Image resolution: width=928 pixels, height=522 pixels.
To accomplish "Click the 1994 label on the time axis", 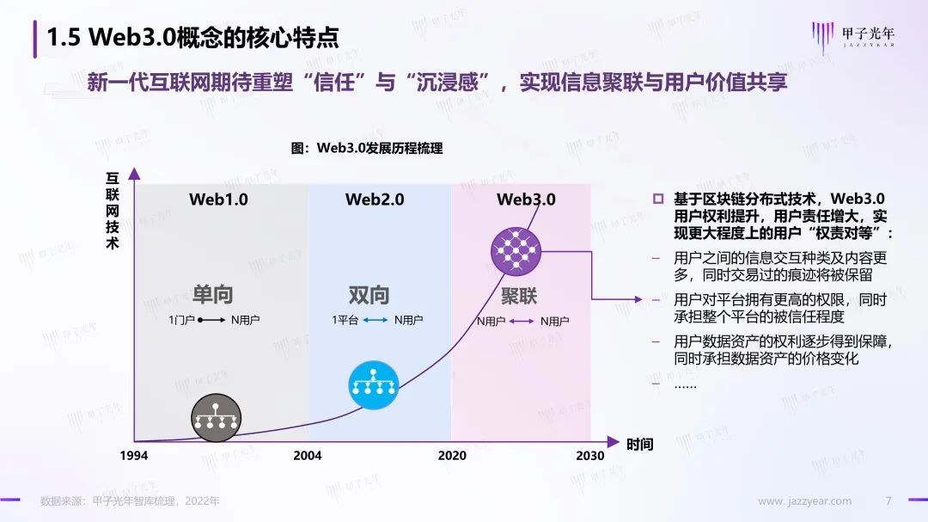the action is point(134,456).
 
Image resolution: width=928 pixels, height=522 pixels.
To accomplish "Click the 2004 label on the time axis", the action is point(307,456).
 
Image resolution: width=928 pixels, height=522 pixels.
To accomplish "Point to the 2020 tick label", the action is point(452,456).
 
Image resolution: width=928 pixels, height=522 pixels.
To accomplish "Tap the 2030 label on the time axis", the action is point(590,456).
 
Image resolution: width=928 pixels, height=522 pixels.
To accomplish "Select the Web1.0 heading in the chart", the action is point(218,200).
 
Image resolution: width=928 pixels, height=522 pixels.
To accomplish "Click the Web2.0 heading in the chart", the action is point(375,200).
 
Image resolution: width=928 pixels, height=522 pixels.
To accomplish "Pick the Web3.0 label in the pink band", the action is point(526,200).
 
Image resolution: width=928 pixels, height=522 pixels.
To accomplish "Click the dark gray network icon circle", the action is point(216,418).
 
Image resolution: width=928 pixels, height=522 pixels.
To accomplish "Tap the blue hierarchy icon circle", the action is point(374,385).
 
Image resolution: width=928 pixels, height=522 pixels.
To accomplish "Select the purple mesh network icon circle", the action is point(516,251).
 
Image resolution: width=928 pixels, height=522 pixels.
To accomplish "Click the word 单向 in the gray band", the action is point(213,294).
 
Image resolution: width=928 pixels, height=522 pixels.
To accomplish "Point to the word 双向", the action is point(369,295).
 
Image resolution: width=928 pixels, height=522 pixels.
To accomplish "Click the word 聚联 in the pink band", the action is point(519,296).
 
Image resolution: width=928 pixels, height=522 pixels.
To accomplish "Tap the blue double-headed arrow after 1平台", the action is point(375,320).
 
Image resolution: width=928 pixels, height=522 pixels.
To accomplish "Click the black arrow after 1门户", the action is point(211,320).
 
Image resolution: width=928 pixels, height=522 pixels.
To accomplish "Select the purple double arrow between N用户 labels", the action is point(522,321).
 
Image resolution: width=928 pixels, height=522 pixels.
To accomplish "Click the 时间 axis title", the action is point(640,445).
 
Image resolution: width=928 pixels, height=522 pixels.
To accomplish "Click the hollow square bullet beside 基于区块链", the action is point(658,200).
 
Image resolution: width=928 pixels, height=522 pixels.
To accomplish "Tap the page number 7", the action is point(888,501).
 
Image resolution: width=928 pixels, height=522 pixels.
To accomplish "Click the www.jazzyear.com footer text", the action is point(805,501).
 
